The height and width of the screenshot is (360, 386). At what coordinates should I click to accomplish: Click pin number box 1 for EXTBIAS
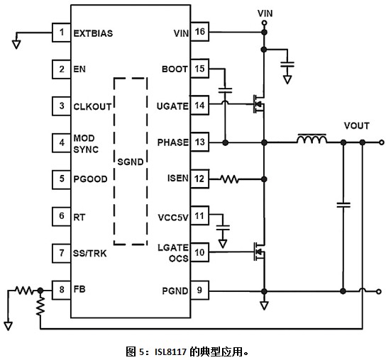pyautogui.click(x=61, y=33)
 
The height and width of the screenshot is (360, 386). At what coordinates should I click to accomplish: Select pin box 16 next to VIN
pyautogui.click(x=199, y=32)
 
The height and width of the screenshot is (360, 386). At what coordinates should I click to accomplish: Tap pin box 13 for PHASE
pyautogui.click(x=199, y=142)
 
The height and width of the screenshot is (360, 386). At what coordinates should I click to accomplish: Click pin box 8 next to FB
pyautogui.click(x=61, y=290)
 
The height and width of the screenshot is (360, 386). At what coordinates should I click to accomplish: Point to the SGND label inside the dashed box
pyautogui.click(x=131, y=162)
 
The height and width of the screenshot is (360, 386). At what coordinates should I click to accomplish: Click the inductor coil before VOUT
pyautogui.click(x=312, y=139)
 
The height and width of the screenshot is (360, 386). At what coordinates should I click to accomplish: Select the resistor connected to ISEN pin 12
pyautogui.click(x=229, y=179)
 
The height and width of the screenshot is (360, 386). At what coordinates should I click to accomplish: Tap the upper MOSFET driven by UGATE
pyautogui.click(x=259, y=104)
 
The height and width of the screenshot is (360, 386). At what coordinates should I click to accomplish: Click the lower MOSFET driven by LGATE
pyautogui.click(x=259, y=252)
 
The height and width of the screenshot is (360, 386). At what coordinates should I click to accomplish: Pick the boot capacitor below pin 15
pyautogui.click(x=225, y=91)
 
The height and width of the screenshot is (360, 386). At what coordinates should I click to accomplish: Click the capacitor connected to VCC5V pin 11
pyautogui.click(x=223, y=227)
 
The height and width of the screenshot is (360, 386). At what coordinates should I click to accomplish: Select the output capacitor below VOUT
pyautogui.click(x=343, y=205)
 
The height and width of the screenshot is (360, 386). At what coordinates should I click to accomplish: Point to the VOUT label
pyautogui.click(x=357, y=125)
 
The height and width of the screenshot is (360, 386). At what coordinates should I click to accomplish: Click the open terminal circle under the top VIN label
pyautogui.click(x=265, y=23)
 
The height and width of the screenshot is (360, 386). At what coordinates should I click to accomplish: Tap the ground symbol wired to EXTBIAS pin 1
pyautogui.click(x=16, y=45)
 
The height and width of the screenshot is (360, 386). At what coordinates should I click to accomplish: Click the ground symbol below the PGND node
pyautogui.click(x=264, y=305)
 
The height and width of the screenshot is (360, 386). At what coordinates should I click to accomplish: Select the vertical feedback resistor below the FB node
pyautogui.click(x=40, y=306)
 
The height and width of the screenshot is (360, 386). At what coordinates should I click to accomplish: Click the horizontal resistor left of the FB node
pyautogui.click(x=24, y=291)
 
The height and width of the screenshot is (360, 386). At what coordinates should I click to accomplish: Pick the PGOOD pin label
pyautogui.click(x=90, y=179)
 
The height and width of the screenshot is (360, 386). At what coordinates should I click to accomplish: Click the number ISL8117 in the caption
pyautogui.click(x=170, y=352)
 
